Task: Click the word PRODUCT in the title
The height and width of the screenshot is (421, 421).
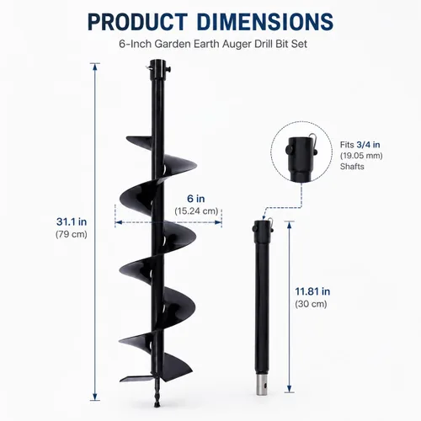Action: pyautogui.click(x=137, y=22)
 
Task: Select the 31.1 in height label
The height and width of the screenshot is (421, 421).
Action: pyautogui.click(x=72, y=221)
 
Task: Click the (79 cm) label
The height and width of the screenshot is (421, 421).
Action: pyautogui.click(x=72, y=234)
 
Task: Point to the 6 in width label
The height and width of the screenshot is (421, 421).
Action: pyautogui.click(x=196, y=199)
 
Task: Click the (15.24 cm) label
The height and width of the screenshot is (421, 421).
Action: pyautogui.click(x=196, y=211)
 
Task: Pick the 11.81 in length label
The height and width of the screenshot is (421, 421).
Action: pyautogui.click(x=312, y=291)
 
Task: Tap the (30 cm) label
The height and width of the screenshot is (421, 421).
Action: pyautogui.click(x=311, y=304)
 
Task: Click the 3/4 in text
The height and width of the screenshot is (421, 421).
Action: pyautogui.click(x=368, y=145)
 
